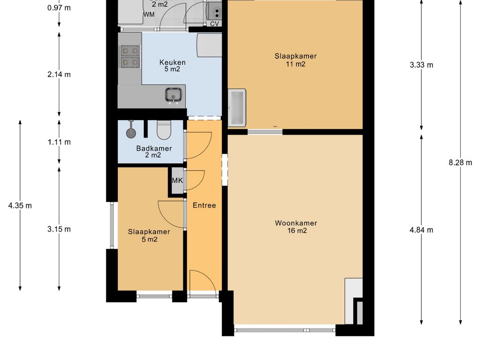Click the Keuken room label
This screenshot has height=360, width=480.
(x=172, y=66)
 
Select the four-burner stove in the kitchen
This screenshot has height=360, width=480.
(x=130, y=56)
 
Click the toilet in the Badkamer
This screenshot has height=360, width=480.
(x=164, y=130)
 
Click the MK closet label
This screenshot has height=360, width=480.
(x=177, y=180)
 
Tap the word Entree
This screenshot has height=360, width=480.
(x=204, y=205)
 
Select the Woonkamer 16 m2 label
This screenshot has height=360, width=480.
(x=296, y=227)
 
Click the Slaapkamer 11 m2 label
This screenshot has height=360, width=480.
(x=295, y=60)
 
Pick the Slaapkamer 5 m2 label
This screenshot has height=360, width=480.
(x=149, y=235)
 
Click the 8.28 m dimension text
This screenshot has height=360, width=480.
(x=460, y=163)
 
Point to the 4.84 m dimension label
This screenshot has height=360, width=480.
(x=421, y=230)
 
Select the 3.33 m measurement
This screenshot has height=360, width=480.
(x=421, y=65)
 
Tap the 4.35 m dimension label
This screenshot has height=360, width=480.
(x=20, y=205)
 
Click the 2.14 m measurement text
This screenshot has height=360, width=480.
(x=59, y=75)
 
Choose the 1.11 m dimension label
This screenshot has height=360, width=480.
(x=59, y=142)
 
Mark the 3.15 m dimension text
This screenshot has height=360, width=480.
(x=59, y=229)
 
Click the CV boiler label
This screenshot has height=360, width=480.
(x=214, y=23)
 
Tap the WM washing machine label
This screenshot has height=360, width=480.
(x=149, y=15)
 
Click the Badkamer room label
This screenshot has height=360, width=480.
(x=154, y=151)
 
